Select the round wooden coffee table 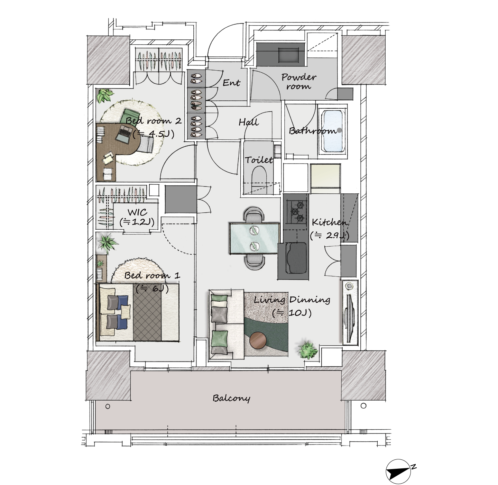click(x=258, y=340)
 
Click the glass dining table click(x=255, y=238)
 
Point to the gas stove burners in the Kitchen click(x=297, y=211)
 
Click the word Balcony click(x=231, y=398)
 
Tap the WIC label click(x=137, y=212)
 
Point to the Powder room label click(x=299, y=81)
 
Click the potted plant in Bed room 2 click(x=105, y=95)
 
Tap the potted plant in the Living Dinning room click(x=308, y=350)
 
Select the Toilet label click(x=259, y=160)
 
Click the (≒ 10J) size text click(x=292, y=313)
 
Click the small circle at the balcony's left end click(x=108, y=406)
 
